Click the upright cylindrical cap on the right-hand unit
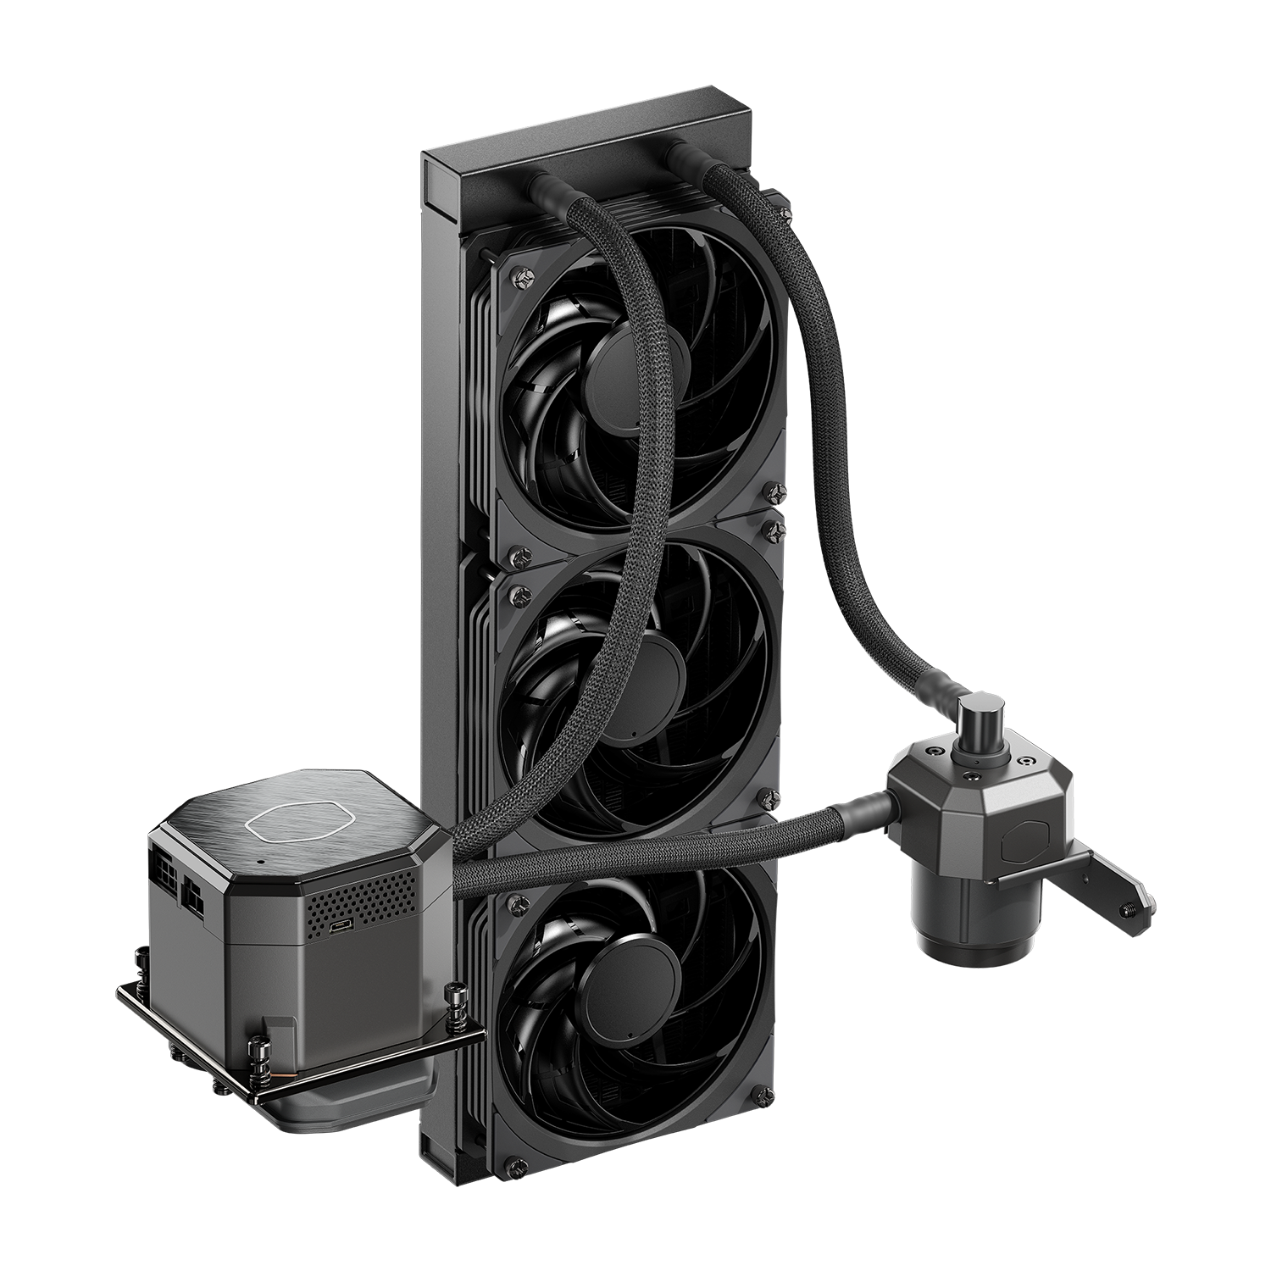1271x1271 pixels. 983,717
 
